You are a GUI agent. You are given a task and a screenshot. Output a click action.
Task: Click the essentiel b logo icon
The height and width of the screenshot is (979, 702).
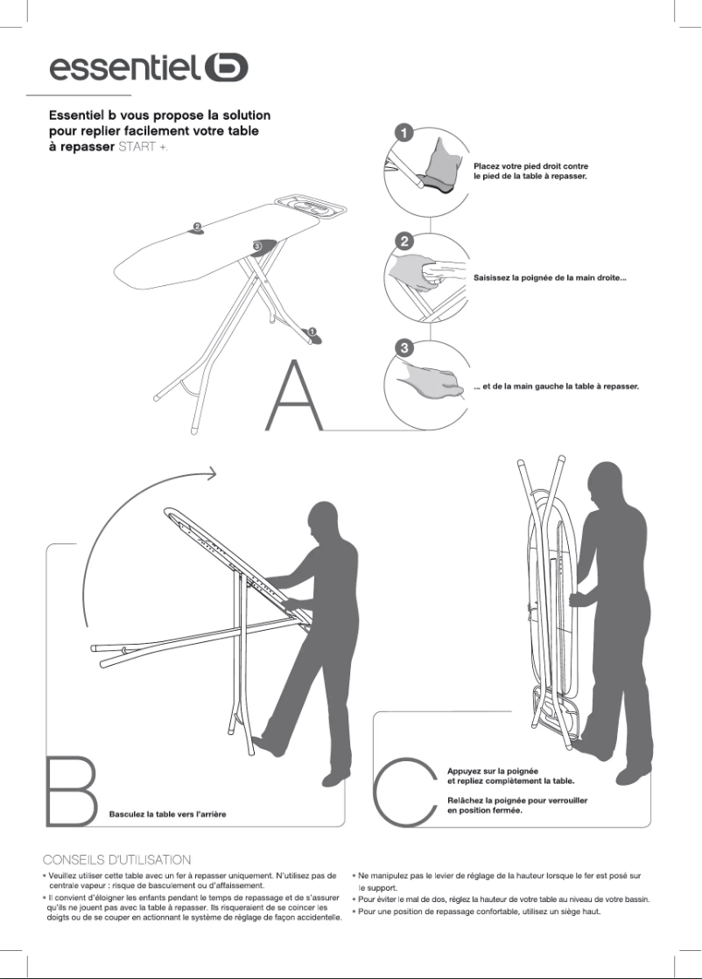coord(226,67)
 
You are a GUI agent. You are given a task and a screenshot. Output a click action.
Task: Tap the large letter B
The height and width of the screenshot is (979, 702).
coord(69,789)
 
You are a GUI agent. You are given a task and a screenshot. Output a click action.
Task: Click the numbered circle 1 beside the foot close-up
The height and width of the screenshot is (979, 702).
coord(404,133)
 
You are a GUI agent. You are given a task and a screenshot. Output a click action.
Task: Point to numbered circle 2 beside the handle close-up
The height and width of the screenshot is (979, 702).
coord(404,240)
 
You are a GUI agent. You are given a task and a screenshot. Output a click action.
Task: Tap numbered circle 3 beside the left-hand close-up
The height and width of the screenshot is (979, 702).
coord(404,347)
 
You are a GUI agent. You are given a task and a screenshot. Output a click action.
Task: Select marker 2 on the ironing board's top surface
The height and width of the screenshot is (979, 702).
coord(197,227)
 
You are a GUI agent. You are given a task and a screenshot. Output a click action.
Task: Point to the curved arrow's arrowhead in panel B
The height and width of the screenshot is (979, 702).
coord(211,473)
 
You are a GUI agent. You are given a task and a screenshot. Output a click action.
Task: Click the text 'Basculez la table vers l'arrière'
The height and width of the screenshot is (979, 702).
coord(167,815)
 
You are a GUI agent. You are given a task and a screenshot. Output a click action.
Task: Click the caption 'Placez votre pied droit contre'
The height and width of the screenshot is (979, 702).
coord(530,165)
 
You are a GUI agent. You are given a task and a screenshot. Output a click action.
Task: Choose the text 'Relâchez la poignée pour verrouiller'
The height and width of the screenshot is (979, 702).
coord(516,800)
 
